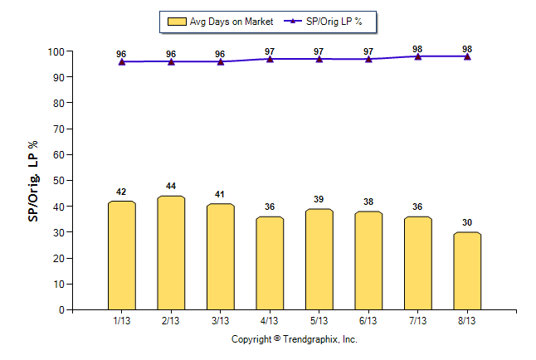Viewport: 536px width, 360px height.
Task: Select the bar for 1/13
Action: [121, 255]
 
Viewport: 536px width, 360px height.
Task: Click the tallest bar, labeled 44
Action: [171, 253]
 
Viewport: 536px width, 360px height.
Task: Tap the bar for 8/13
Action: [467, 270]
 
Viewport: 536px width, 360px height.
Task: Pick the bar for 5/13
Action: [319, 259]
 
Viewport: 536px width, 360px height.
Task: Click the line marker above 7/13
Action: [417, 56]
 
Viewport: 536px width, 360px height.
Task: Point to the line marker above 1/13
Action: [122, 61]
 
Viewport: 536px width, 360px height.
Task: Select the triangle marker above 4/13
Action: [270, 59]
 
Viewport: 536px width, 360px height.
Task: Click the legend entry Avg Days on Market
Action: [218, 22]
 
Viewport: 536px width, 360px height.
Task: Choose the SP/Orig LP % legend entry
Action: [326, 22]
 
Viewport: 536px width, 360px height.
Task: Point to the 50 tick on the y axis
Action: [59, 181]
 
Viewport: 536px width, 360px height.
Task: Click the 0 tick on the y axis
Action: [61, 309]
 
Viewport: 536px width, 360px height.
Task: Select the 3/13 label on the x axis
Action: [220, 320]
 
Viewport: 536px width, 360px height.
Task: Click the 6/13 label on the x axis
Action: [368, 320]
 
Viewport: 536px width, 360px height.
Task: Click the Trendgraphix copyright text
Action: [294, 339]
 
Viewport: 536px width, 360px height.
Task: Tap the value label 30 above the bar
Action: [467, 222]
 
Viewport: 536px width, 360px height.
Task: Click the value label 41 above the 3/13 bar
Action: [220, 194]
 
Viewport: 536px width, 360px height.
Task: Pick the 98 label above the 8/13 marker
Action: [467, 47]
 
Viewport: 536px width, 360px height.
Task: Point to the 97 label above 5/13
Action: [319, 51]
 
